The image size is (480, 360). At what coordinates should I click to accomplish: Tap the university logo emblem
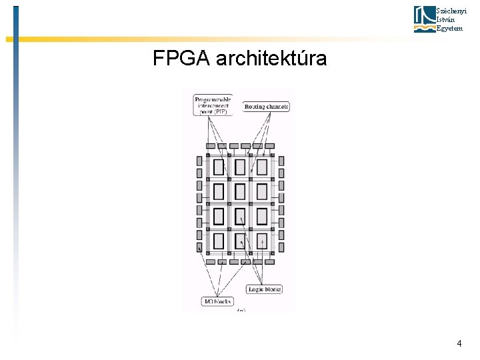424,19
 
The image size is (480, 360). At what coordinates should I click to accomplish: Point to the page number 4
459,343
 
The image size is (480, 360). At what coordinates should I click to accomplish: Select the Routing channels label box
267,107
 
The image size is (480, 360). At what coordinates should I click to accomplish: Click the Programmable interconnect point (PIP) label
213,103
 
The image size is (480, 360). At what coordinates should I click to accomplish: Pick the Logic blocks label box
265,289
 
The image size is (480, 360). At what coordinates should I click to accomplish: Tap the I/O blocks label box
217,301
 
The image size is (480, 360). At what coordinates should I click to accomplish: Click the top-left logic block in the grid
219,167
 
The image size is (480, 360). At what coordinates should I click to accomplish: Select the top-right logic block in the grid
262,167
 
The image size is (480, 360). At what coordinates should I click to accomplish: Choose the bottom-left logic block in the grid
219,241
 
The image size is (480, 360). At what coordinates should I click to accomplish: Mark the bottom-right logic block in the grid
262,241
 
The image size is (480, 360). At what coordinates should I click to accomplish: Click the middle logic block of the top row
240,167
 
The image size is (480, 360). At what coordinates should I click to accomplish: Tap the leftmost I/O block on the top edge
210,146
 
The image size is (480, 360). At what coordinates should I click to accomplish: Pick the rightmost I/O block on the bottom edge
269,262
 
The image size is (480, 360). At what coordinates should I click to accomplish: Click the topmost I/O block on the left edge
199,161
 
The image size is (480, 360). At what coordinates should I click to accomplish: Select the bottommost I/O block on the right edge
281,247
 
